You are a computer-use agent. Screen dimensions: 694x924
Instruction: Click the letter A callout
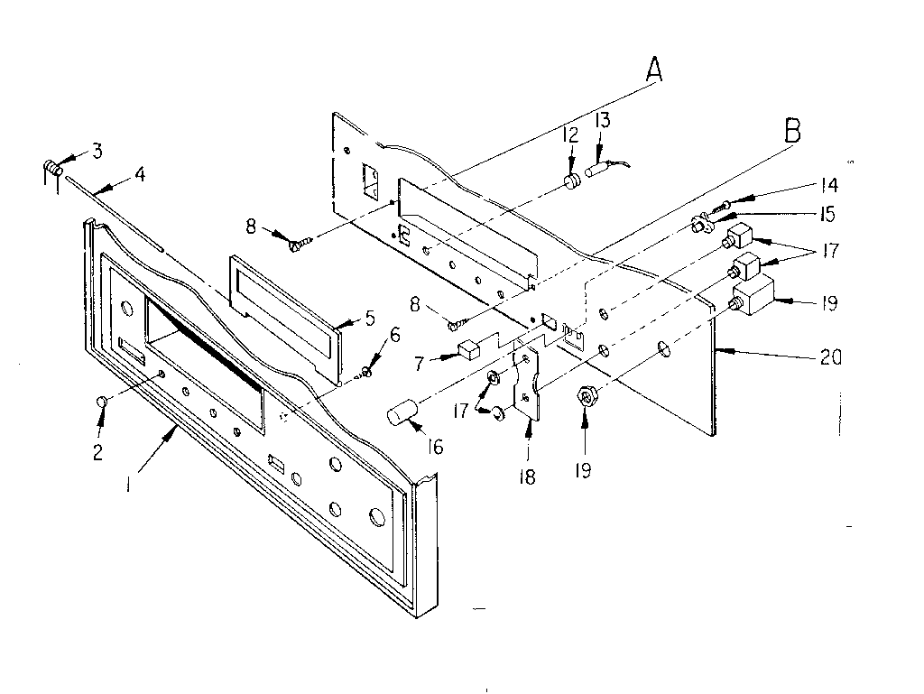pyautogui.click(x=653, y=69)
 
